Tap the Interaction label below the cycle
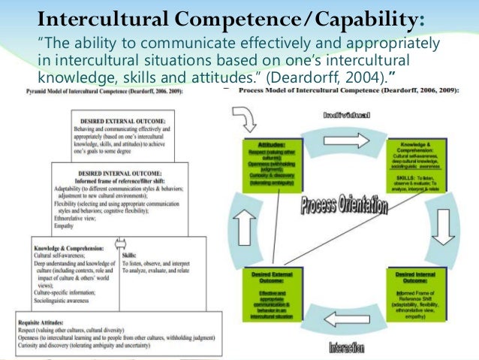coord(347,348)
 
